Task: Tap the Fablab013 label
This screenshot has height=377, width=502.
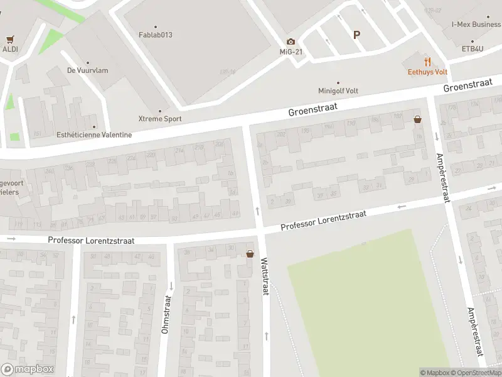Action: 155,35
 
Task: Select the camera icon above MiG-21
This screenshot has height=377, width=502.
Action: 291,41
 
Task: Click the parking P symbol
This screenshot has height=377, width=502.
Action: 356,35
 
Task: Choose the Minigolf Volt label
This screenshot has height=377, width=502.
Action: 339,90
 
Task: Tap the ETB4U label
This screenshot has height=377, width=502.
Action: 475,48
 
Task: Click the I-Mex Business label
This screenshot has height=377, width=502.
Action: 476,25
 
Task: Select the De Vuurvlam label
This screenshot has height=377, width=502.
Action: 87,70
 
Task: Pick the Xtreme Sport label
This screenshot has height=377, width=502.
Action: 160,118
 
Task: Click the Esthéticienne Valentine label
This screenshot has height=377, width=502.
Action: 94,134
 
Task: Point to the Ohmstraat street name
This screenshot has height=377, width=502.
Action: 166,314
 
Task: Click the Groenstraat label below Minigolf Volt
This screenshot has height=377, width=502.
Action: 312,110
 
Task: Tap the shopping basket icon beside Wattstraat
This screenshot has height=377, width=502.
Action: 250,254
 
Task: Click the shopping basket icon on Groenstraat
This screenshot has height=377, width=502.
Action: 417,119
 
